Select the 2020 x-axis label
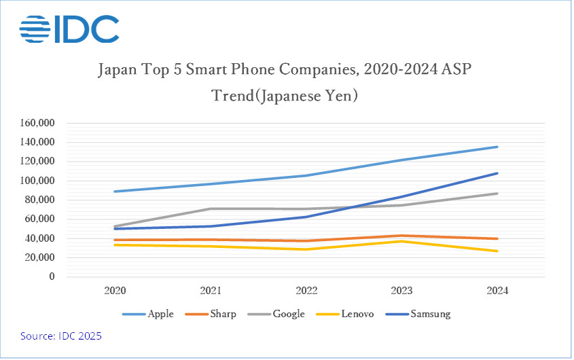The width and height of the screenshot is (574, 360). click(x=115, y=291)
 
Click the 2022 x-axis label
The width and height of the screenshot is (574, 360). click(x=306, y=291)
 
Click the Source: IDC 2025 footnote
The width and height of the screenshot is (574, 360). click(x=61, y=336)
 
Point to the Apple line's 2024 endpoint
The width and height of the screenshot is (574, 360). click(x=498, y=147)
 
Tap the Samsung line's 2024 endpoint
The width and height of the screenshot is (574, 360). click(x=498, y=173)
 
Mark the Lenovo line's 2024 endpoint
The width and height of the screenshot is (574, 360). click(x=498, y=251)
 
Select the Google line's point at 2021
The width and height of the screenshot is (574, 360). click(x=211, y=209)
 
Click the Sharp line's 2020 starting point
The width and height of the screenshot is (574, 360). click(x=115, y=240)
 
